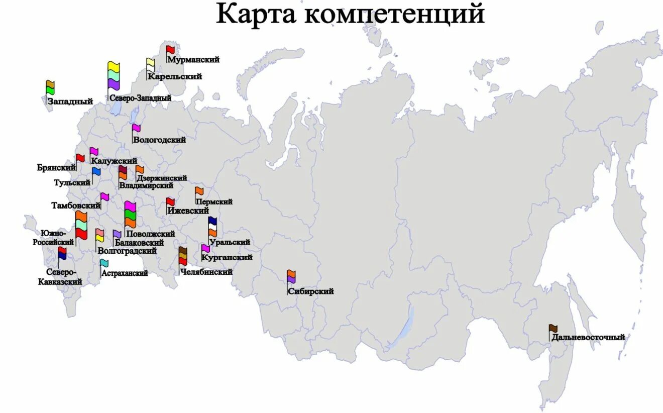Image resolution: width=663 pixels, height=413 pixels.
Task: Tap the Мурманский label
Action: pos(193,60)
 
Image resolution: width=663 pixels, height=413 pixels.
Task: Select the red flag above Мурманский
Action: pos(171,50)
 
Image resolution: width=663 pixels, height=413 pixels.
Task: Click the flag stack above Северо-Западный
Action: pos(114,76)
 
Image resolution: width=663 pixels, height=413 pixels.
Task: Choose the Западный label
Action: pos(70,101)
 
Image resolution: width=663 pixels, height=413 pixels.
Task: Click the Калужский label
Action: pos(114,161)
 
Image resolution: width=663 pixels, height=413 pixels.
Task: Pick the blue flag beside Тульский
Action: pos(96,172)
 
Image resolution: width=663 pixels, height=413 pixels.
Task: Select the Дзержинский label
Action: pos(161,178)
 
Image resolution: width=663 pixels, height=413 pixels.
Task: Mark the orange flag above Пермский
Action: pos(199,191)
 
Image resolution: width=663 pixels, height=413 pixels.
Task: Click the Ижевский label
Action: pos(188,211)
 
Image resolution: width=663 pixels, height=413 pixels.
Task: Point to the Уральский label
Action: pos(230,242)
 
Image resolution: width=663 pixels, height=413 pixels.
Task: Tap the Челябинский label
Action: pos(206,272)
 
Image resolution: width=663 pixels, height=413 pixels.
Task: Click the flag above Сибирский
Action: pos(291,277)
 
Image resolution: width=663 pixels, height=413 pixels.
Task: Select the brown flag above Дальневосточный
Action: pos(553,329)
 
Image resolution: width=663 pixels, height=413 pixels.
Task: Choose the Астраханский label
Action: pos(125,273)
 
